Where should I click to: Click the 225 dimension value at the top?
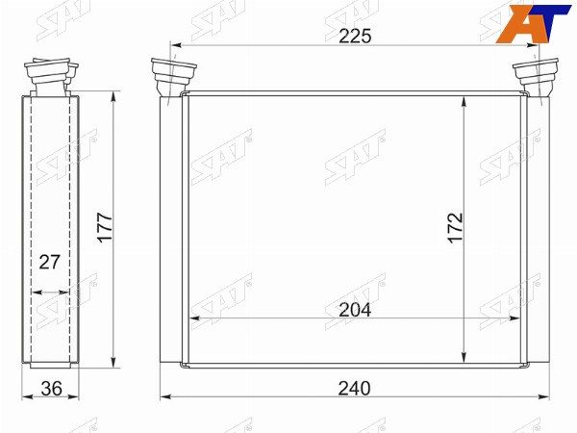[x=355, y=37]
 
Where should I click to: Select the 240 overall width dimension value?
[x=354, y=389]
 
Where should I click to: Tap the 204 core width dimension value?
[x=355, y=310]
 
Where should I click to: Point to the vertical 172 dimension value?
[x=455, y=227]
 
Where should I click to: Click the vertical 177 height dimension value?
[x=105, y=227]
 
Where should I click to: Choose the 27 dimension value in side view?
[x=49, y=262]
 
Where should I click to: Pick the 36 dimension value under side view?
[x=52, y=389]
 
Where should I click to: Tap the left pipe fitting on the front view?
[x=172, y=77]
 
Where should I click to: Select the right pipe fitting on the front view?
[x=536, y=77]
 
